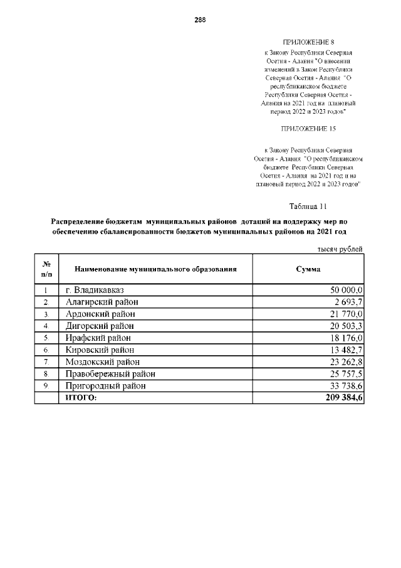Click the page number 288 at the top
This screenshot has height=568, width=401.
pos(200,19)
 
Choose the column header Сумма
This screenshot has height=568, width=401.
pos(308,269)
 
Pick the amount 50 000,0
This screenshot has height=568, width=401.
pos(347,290)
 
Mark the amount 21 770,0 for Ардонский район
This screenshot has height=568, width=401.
pos(348,314)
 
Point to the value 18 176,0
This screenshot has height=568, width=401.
pos(348,338)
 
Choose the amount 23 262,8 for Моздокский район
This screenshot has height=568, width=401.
pos(348,362)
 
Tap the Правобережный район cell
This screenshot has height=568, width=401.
pos(110,373)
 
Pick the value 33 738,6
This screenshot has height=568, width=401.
pos(348,386)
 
